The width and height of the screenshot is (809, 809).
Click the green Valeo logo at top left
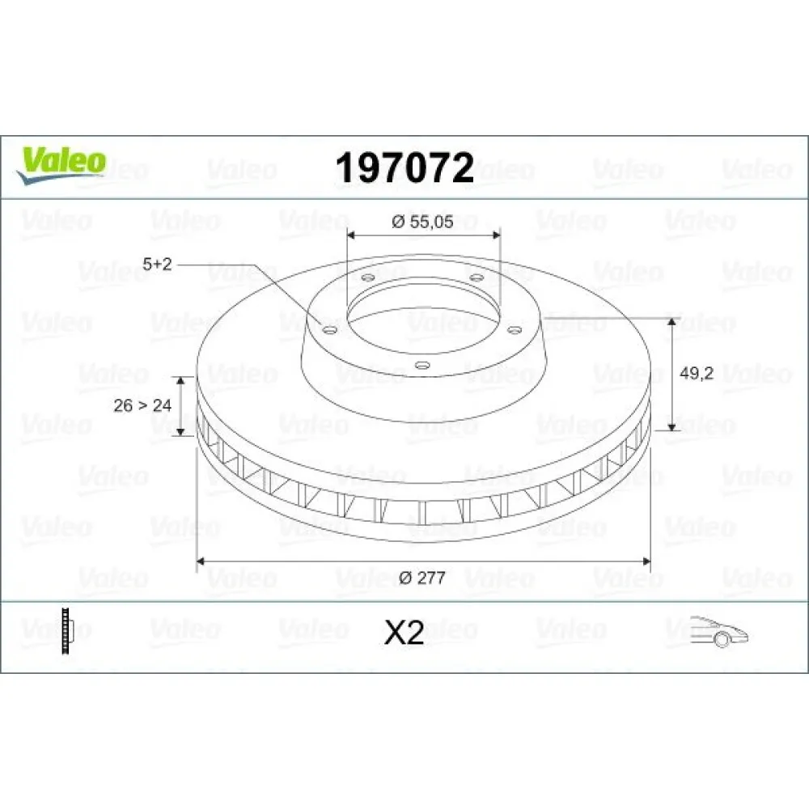pos(61,163)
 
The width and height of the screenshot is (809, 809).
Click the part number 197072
pos(404,167)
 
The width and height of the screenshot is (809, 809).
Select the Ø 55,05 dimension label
pos(422,223)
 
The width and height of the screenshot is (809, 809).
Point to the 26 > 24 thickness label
pos(142,405)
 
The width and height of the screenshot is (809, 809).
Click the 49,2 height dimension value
pos(697,374)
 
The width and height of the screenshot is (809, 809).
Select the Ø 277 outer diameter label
pos(423,577)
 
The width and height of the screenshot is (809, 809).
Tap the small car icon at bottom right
pos(719,631)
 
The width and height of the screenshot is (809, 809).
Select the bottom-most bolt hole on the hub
pos(420,365)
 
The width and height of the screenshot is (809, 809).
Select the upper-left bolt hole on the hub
pos(367,278)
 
